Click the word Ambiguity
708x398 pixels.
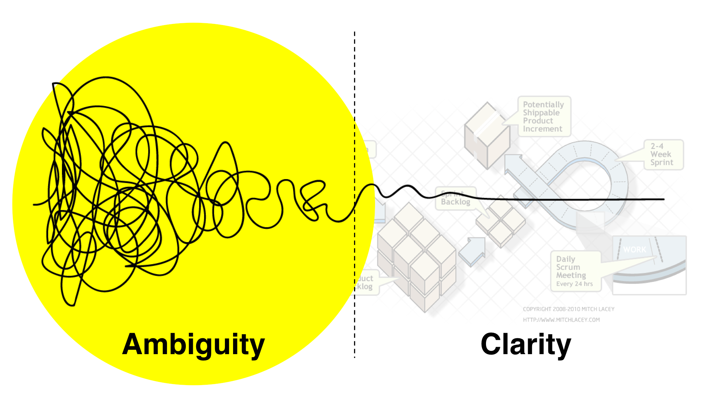pyautogui.click(x=193, y=345)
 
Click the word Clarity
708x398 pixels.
pyautogui.click(x=526, y=344)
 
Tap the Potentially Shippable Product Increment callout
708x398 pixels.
pyautogui.click(x=544, y=116)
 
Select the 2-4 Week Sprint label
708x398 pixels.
pyautogui.click(x=663, y=154)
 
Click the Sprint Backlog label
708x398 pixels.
pyautogui.click(x=456, y=199)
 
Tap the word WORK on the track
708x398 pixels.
pyautogui.click(x=635, y=249)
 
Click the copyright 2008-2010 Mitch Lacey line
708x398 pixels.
pyautogui.click(x=569, y=309)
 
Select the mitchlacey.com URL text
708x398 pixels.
pyautogui.click(x=561, y=320)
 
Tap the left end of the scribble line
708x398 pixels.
pyautogui.click(x=34, y=205)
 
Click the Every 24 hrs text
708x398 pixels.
pyautogui.click(x=574, y=284)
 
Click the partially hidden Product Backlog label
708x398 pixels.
pyautogui.click(x=365, y=282)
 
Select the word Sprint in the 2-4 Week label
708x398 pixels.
pyautogui.click(x=662, y=163)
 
